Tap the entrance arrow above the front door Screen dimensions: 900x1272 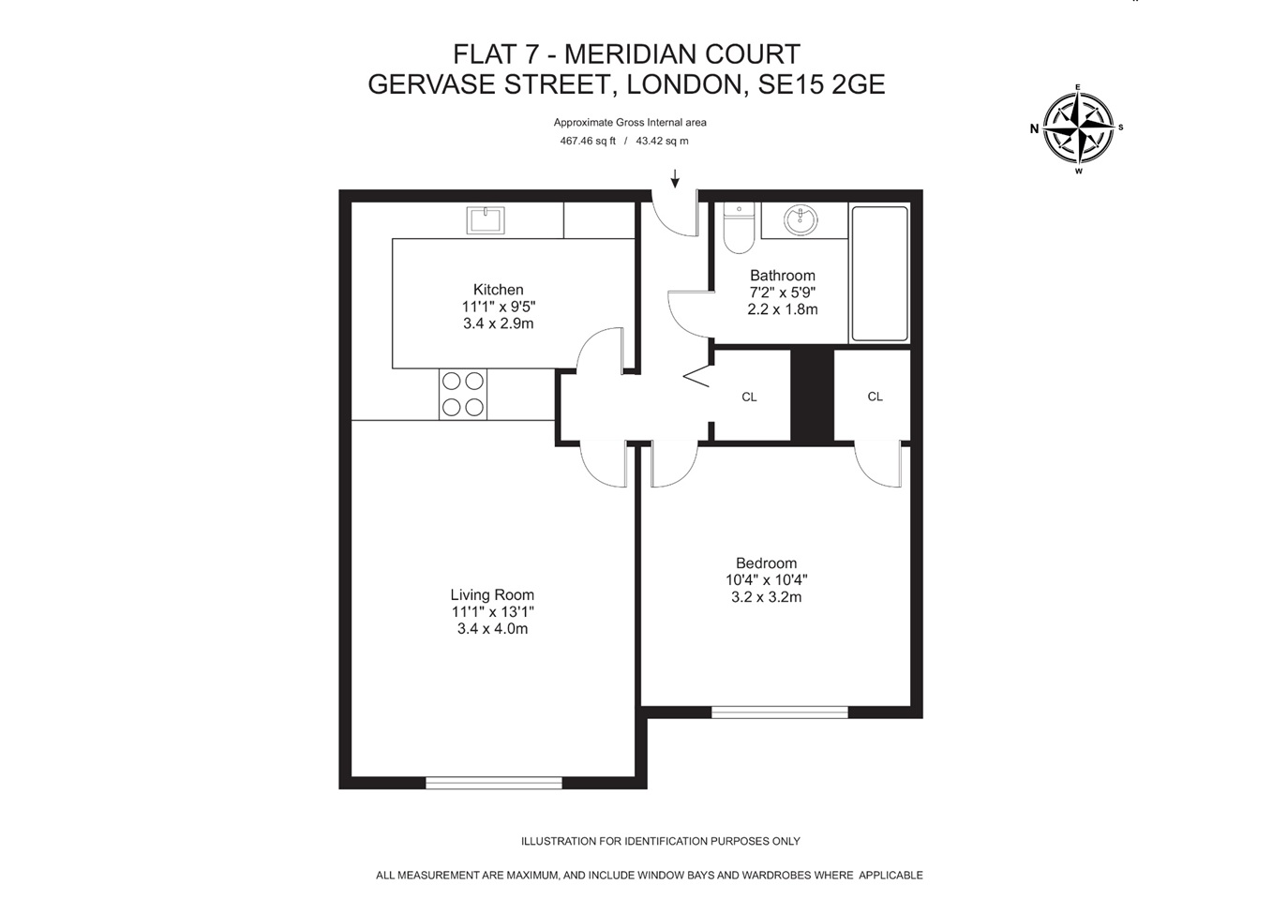pyautogui.click(x=675, y=178)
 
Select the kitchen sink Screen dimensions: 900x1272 pyautogui.click(x=486, y=220)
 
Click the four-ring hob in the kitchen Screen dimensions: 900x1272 pyautogui.click(x=463, y=394)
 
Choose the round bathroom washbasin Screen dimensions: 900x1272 pyautogui.click(x=801, y=221)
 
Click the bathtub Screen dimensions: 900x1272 pyautogui.click(x=879, y=273)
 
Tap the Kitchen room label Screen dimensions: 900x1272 pyautogui.click(x=498, y=290)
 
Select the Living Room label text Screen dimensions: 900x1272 pyautogui.click(x=492, y=594)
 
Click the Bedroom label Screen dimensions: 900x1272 pyautogui.click(x=766, y=563)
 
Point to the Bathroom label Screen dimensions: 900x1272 pyautogui.click(x=782, y=276)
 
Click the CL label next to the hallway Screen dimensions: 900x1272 pyautogui.click(x=749, y=397)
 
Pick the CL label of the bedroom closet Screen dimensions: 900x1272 pyautogui.click(x=875, y=397)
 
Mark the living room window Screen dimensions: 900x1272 pyautogui.click(x=494, y=782)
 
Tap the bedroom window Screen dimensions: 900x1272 pyautogui.click(x=780, y=712)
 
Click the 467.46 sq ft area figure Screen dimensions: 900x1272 pyautogui.click(x=588, y=142)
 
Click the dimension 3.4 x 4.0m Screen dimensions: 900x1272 pyautogui.click(x=492, y=629)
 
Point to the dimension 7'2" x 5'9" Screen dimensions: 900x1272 pyautogui.click(x=782, y=292)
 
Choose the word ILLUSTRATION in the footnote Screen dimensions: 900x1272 pyautogui.click(x=559, y=841)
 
